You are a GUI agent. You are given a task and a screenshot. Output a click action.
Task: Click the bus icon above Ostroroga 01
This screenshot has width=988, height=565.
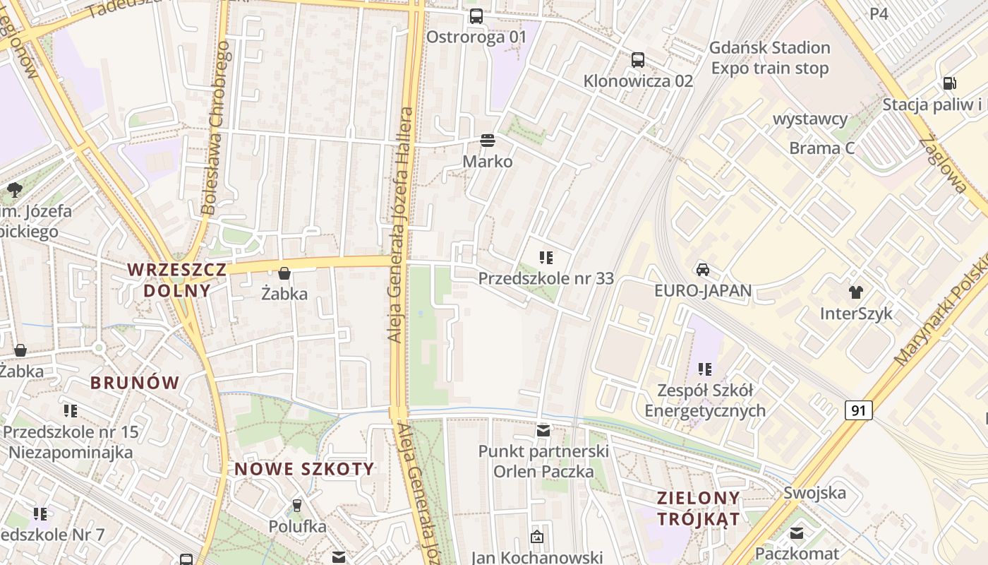[476, 16]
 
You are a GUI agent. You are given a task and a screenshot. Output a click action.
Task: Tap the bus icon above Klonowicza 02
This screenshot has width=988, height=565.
[638, 59]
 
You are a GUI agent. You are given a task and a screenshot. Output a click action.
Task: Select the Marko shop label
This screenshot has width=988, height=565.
[488, 161]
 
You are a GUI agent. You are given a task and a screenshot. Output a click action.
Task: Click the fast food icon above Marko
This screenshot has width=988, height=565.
[487, 140]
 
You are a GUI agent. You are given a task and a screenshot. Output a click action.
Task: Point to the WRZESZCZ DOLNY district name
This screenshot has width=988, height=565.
[177, 280]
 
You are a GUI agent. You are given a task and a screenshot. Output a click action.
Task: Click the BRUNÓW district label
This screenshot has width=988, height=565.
[135, 383]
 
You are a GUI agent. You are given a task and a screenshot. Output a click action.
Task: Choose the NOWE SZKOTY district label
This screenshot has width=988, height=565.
[304, 469]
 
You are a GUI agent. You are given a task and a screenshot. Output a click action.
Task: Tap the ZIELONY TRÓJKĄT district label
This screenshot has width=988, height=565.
[699, 509]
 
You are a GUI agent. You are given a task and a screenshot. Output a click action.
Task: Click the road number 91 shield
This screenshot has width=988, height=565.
[858, 410]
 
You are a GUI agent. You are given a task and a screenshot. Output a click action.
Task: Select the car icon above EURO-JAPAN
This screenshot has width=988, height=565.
[703, 269]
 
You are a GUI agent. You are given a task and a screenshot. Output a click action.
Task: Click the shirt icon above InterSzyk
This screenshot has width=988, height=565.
[856, 292]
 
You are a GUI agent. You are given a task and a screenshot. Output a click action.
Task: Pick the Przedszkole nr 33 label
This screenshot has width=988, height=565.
[546, 278]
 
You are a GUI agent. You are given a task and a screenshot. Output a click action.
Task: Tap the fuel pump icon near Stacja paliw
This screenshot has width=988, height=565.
[950, 83]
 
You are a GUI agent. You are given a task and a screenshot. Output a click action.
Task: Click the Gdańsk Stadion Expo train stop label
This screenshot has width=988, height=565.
[769, 58]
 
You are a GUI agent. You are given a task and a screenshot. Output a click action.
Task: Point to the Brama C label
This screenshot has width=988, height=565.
[822, 148]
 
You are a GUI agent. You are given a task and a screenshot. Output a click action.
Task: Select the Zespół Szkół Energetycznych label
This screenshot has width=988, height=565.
[705, 400]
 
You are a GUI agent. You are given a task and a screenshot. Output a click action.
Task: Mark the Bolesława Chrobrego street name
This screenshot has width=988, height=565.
[216, 128]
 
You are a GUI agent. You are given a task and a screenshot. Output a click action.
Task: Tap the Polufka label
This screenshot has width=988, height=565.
[297, 526]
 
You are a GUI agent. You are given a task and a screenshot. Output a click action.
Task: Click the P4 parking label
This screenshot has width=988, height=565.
[879, 13]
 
